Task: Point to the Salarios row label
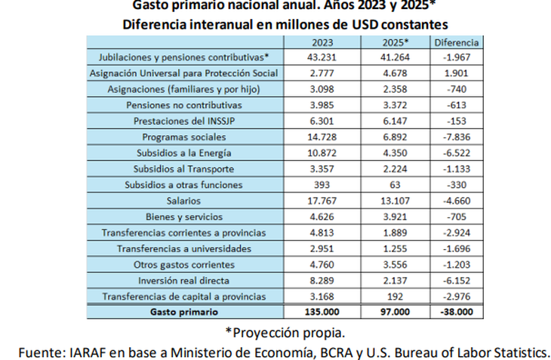tap(184, 201)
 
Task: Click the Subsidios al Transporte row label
tap(184, 169)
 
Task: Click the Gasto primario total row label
tap(184, 311)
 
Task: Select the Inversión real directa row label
tap(184, 280)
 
